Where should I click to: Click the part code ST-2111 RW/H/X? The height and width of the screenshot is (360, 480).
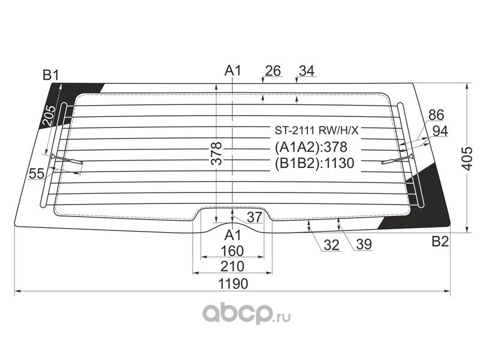click(x=316, y=130)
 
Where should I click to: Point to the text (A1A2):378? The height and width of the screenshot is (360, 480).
click(x=311, y=147)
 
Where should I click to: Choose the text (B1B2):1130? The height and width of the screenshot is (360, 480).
click(x=314, y=163)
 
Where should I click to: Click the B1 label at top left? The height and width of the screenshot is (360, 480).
click(x=51, y=75)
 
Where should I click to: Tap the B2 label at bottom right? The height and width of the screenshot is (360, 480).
click(x=440, y=242)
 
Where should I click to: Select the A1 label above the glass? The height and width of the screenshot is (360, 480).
click(x=233, y=71)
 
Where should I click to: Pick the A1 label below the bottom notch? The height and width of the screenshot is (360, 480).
click(x=233, y=235)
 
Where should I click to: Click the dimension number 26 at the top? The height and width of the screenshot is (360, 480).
click(x=272, y=71)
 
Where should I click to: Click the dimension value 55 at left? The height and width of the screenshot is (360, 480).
click(x=37, y=174)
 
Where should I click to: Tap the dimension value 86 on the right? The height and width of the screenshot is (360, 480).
click(x=437, y=115)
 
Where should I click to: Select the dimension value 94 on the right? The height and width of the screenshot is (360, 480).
click(x=440, y=131)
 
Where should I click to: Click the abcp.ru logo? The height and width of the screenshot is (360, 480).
click(x=246, y=313)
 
